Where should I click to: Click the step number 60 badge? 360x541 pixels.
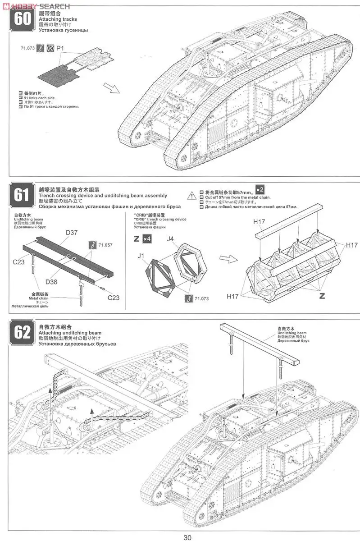click(x=22, y=20)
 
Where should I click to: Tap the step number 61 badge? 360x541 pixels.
click(x=22, y=195)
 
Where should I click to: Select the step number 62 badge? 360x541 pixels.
click(x=22, y=332)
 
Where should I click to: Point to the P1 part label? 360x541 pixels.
click(x=60, y=47)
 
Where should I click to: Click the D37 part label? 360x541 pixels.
click(x=71, y=233)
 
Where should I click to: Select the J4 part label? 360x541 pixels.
click(x=171, y=238)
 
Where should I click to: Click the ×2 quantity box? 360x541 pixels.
click(x=260, y=190)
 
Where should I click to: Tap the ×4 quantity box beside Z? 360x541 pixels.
click(x=146, y=238)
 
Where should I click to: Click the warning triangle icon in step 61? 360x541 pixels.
click(x=192, y=195)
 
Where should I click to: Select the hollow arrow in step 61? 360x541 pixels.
click(x=226, y=258)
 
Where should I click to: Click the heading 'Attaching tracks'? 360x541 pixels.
click(x=58, y=19)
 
